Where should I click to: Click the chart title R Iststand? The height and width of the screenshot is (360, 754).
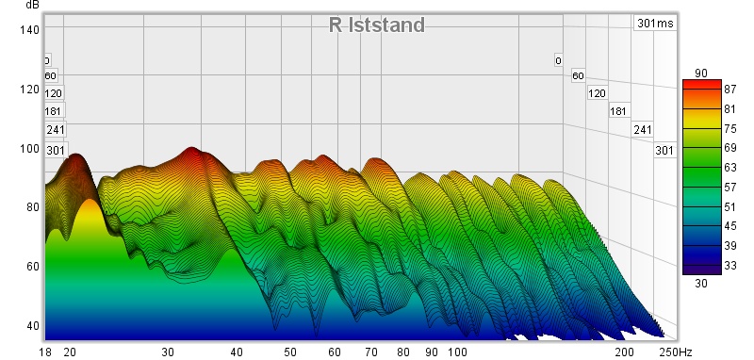(376, 25)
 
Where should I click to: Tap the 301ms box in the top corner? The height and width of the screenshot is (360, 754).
(655, 23)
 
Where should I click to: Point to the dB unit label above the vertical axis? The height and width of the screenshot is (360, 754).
(32, 5)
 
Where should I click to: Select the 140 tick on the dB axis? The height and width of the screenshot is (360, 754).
(29, 30)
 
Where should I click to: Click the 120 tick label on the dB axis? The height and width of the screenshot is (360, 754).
(29, 89)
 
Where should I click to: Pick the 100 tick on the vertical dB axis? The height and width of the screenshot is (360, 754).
(29, 148)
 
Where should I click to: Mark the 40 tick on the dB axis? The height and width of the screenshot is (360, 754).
(32, 325)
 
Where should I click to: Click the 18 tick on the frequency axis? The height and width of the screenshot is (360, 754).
(45, 352)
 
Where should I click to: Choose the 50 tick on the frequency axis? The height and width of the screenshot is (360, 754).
(290, 352)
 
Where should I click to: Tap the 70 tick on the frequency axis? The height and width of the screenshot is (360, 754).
(371, 352)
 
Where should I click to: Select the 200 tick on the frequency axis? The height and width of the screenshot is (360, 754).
(624, 352)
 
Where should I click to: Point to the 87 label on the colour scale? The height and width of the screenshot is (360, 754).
(729, 89)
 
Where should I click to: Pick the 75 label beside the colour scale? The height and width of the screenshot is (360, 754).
(729, 129)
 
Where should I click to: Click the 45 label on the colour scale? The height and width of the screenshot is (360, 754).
(729, 226)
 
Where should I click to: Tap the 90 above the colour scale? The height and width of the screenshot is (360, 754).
(701, 74)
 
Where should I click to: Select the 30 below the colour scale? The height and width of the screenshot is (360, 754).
(701, 284)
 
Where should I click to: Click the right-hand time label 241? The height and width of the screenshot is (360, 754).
(643, 130)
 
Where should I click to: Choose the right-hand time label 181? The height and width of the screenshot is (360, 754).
(618, 111)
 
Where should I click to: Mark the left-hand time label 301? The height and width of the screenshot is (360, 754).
(56, 151)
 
